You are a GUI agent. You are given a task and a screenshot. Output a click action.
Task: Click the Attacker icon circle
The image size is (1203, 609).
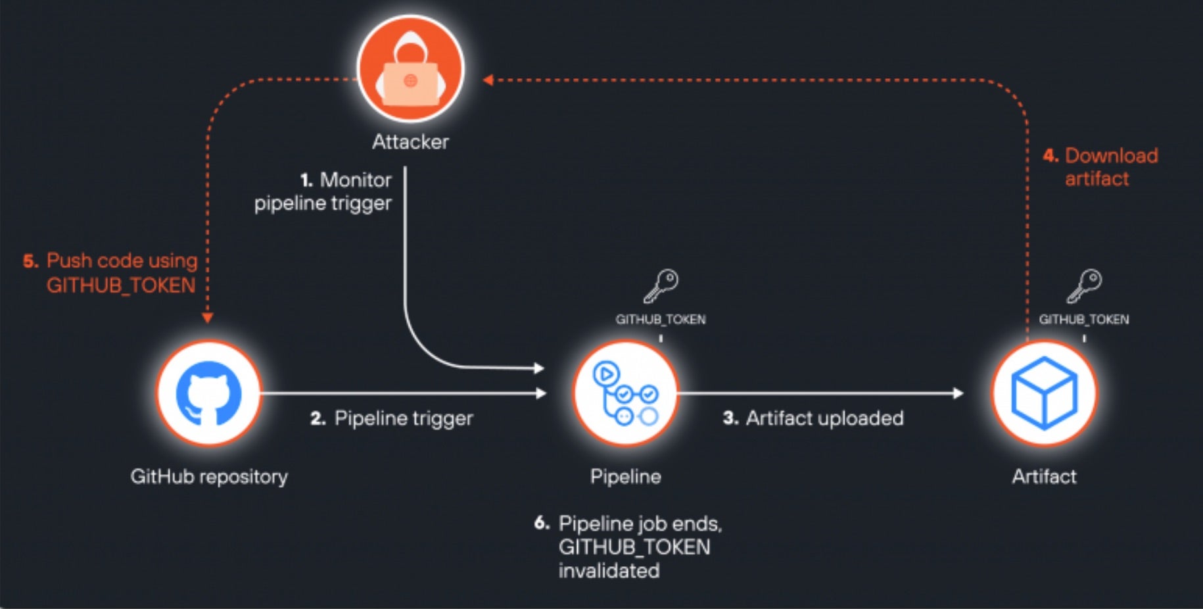click(x=411, y=69)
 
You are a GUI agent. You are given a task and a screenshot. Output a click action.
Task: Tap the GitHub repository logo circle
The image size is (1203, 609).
click(x=209, y=393)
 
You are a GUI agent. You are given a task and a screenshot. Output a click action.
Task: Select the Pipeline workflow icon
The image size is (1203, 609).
click(x=625, y=393)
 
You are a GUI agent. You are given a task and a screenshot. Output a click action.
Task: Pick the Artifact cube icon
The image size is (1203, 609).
click(x=1044, y=393)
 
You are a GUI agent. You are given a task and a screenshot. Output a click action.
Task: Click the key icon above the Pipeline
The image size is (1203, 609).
click(x=661, y=286)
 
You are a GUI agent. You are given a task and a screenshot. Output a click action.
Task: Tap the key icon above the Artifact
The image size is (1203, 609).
click(x=1084, y=286)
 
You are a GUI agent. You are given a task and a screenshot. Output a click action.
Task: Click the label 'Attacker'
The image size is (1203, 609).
click(x=410, y=142)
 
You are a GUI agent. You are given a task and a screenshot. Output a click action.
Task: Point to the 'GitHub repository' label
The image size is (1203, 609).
click(x=209, y=476)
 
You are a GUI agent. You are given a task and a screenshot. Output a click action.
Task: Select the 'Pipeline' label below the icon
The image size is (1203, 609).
click(x=625, y=476)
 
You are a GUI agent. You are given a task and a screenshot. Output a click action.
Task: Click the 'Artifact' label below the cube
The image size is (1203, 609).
click(x=1044, y=476)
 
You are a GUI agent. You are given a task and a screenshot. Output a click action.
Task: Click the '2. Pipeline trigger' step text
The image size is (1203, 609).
click(x=392, y=418)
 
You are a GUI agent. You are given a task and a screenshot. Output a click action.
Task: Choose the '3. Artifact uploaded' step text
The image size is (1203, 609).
click(x=813, y=418)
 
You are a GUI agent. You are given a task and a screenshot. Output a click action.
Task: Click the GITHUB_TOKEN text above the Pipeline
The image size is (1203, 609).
click(x=661, y=320)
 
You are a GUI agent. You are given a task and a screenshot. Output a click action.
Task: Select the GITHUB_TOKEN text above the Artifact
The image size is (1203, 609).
click(x=1084, y=320)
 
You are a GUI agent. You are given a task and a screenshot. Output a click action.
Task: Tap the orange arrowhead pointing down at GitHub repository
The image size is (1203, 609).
click(x=208, y=318)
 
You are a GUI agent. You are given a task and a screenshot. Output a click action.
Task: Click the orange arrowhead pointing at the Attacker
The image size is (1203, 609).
click(x=488, y=80)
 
